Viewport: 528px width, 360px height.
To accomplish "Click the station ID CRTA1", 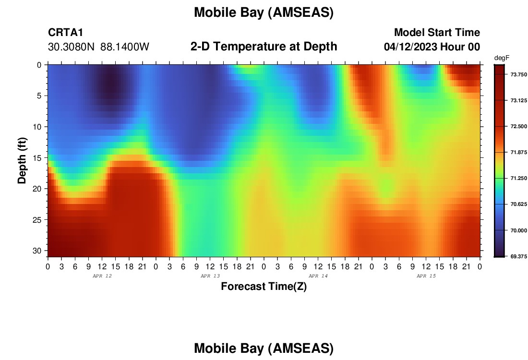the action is click(65, 32).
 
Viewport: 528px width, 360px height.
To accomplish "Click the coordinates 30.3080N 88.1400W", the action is click(98, 47).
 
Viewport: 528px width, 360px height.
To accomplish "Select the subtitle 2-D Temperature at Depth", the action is click(264, 47).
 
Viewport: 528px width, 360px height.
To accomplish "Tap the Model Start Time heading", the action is click(437, 32).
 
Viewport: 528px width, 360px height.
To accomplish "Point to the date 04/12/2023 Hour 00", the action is click(432, 47).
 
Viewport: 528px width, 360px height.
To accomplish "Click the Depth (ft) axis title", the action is click(22, 160).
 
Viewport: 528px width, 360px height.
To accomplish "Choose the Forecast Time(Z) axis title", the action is click(264, 287).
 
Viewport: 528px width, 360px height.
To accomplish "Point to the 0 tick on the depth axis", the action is click(39, 65).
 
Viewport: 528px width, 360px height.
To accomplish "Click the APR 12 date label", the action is click(102, 276).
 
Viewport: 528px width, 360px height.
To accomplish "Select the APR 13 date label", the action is click(210, 276).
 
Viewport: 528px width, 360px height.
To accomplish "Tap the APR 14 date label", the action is click(318, 276).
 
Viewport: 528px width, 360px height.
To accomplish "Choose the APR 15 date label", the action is click(426, 276).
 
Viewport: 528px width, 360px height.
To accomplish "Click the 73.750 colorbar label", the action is click(518, 74).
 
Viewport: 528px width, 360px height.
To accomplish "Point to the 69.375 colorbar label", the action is click(518, 257).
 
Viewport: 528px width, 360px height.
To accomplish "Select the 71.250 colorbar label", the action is click(518, 179).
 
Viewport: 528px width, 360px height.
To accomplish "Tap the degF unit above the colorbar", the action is click(502, 58).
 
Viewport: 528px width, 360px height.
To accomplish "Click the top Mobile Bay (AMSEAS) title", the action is click(264, 12).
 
